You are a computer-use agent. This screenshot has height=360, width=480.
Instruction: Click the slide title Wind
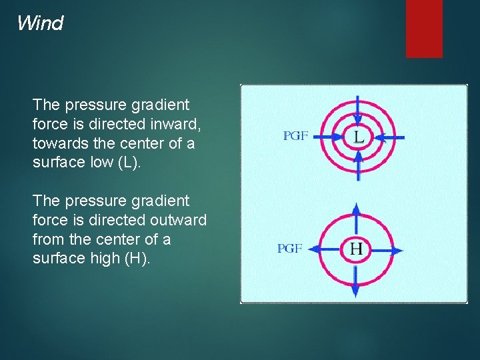click(40, 23)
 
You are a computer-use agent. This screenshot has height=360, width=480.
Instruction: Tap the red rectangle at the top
click(424, 28)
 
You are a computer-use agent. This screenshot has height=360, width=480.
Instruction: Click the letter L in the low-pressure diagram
click(359, 137)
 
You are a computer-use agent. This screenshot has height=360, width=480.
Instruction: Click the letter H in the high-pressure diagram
click(356, 250)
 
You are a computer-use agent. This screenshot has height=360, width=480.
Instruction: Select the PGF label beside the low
click(295, 136)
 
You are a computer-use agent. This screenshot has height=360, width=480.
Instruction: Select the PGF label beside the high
click(290, 249)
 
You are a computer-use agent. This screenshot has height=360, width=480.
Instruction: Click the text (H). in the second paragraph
click(137, 259)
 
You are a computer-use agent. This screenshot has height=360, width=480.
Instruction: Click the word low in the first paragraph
click(99, 163)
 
